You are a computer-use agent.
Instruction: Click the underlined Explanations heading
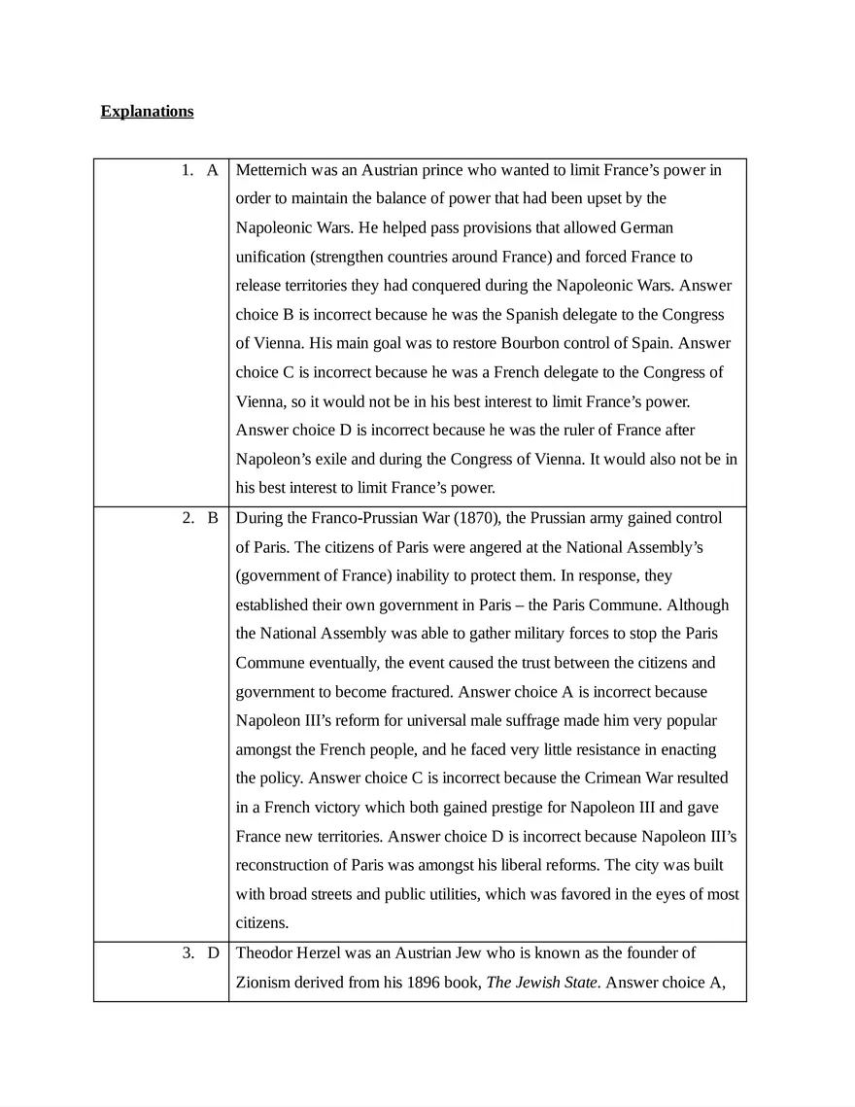point(147,111)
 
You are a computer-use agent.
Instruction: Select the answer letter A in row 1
point(212,170)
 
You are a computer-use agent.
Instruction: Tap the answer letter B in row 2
point(212,518)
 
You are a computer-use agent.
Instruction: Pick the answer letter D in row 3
point(212,953)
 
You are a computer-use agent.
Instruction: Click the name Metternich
point(272,170)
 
